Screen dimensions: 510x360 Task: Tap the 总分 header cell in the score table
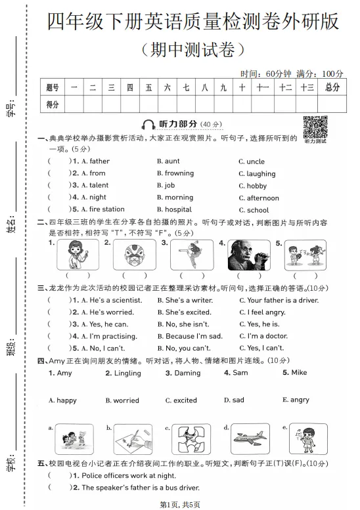pos(332,87)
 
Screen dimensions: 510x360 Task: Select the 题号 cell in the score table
pos(53,87)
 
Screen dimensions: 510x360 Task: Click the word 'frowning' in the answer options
pos(179,173)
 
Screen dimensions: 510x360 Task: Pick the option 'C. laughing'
pos(257,174)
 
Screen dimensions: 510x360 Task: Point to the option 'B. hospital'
pos(174,209)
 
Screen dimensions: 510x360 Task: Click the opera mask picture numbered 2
pos(130,255)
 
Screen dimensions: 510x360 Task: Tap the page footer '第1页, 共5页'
pos(180,503)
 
